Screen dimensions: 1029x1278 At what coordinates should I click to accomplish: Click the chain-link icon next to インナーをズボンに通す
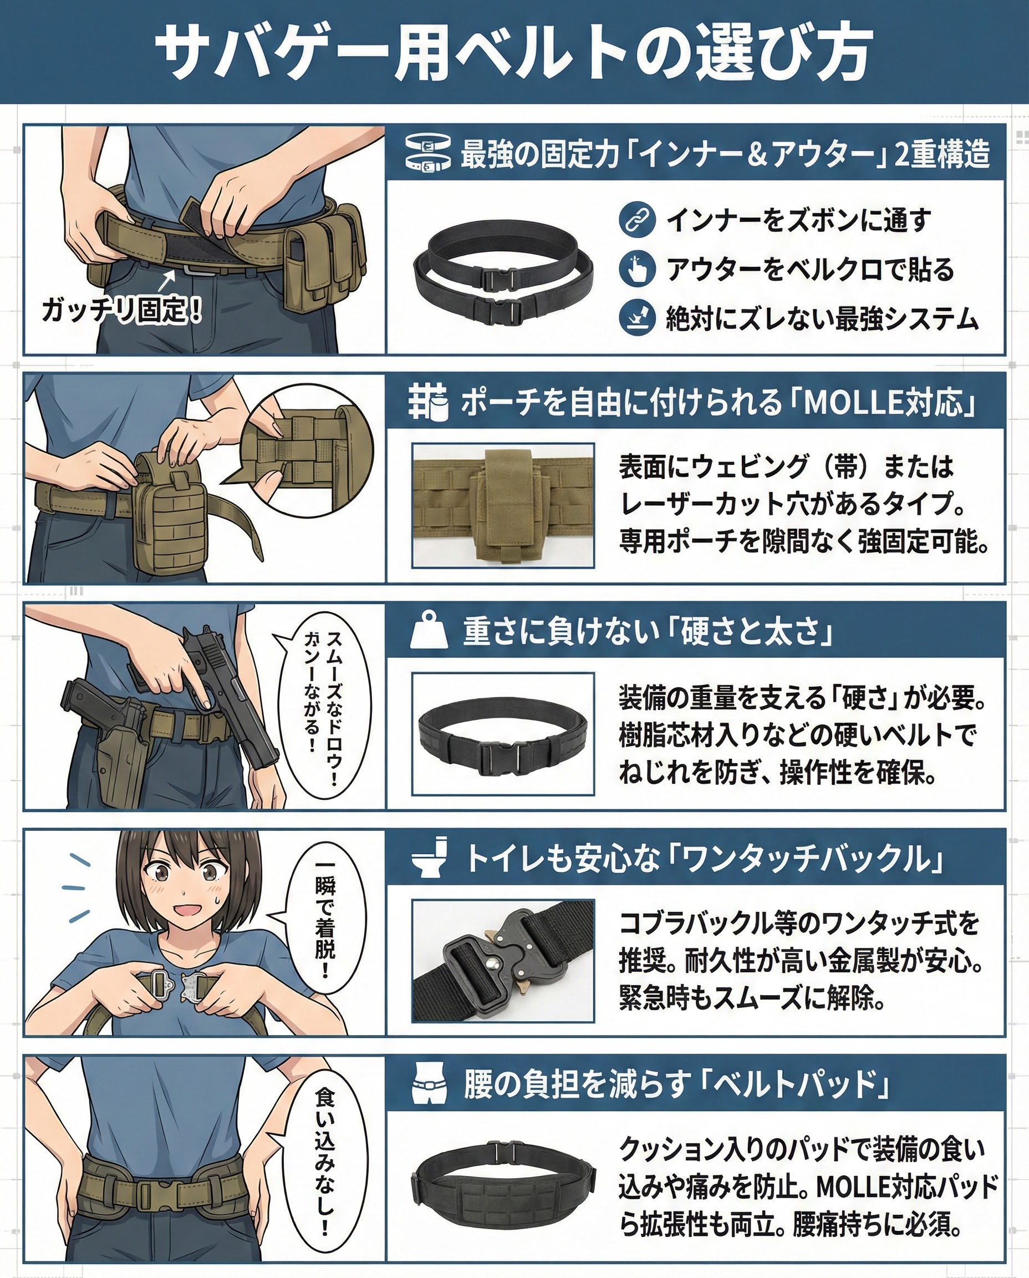[x=636, y=220]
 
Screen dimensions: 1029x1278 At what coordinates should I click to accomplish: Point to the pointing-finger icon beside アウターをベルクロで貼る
[x=636, y=268]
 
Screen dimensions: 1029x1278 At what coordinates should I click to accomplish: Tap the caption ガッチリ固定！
[x=121, y=310]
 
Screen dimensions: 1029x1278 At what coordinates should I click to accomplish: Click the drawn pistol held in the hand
[x=228, y=688]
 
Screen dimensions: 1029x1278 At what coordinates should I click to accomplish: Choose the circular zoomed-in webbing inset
[x=307, y=451]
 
